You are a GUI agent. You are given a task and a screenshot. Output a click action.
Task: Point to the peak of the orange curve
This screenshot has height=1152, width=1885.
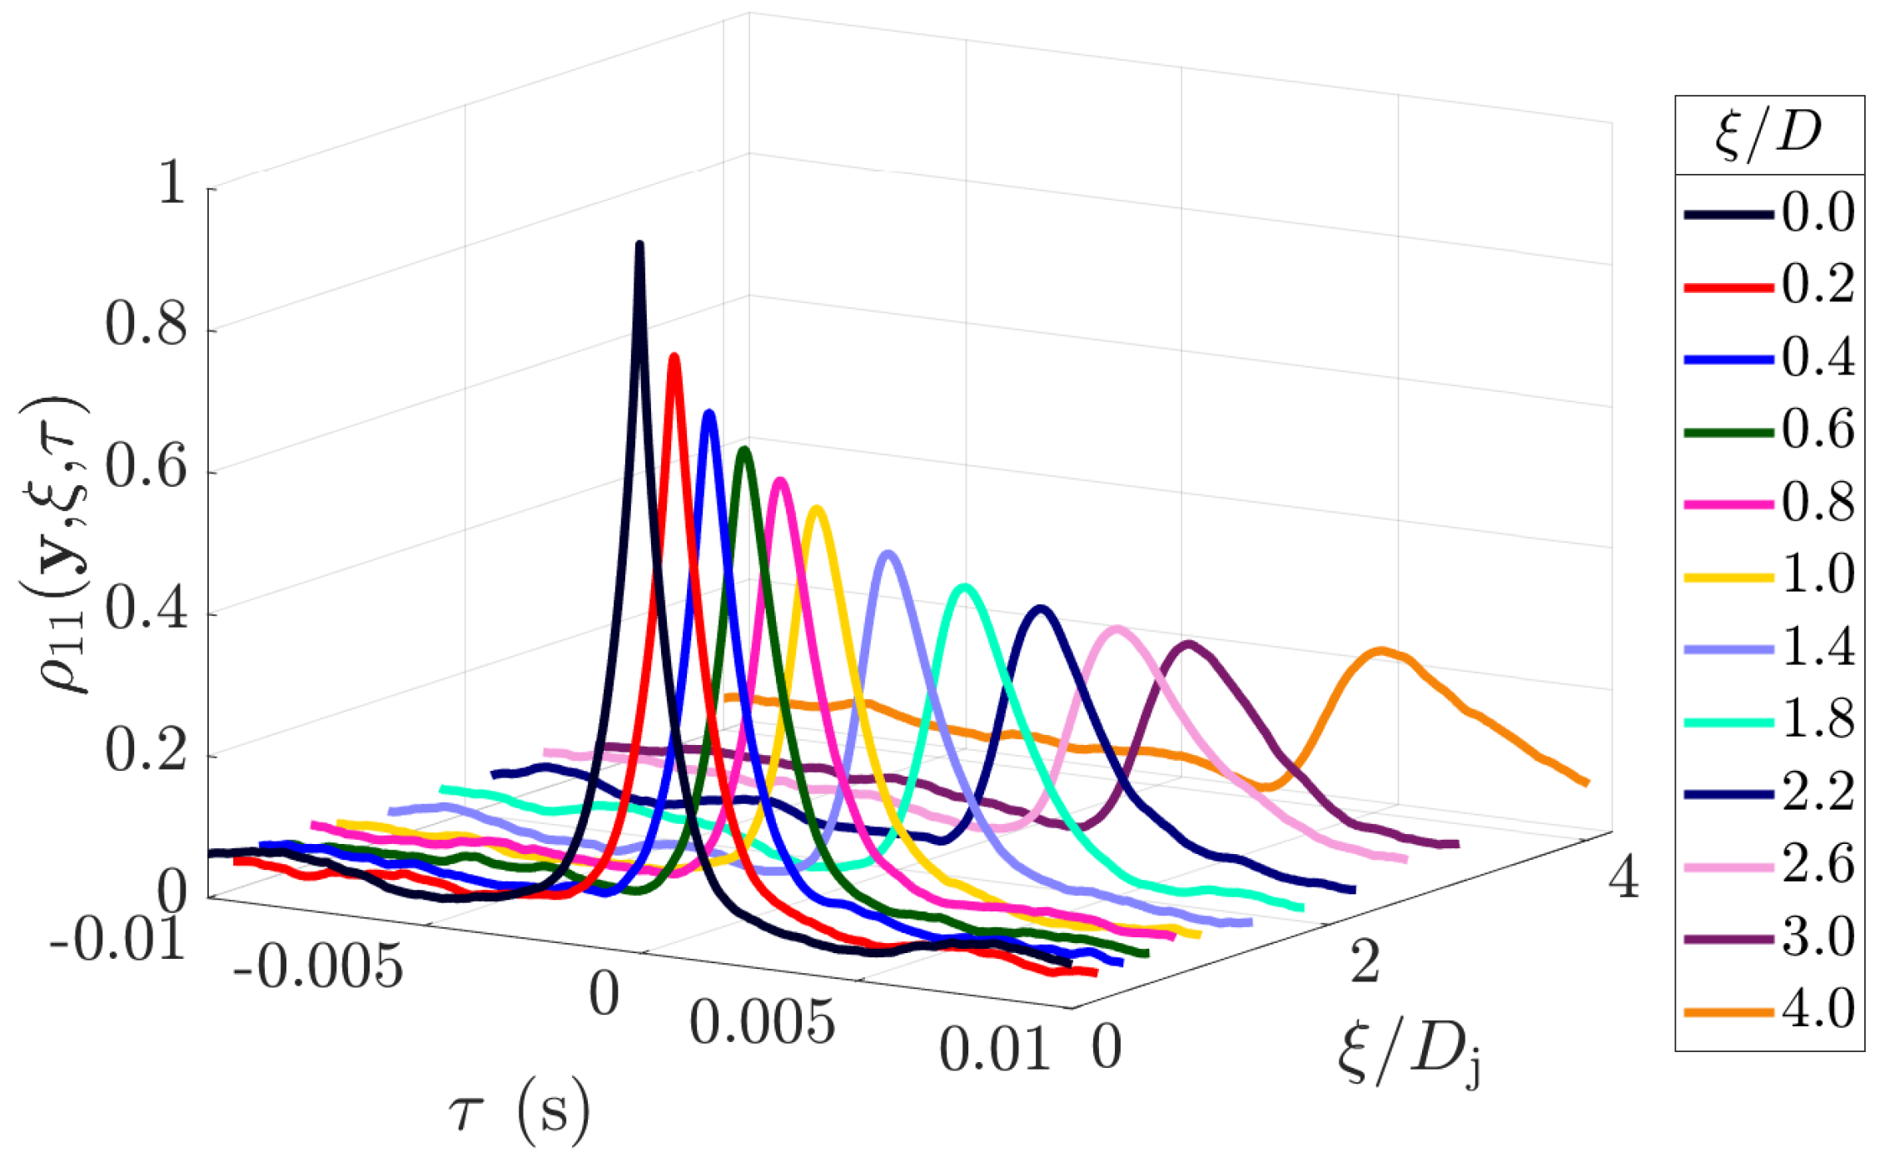click(x=1380, y=651)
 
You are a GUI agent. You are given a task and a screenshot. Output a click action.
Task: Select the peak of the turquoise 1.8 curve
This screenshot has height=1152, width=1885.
click(x=964, y=588)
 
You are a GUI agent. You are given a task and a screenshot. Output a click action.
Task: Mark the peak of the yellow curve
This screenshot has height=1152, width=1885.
click(x=818, y=509)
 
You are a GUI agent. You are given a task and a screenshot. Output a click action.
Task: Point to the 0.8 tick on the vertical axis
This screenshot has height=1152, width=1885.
click(x=146, y=325)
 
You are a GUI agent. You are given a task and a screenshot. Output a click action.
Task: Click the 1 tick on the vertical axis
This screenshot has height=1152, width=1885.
click(x=172, y=183)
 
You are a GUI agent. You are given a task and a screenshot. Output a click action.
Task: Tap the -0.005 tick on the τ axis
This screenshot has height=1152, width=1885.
click(x=318, y=967)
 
